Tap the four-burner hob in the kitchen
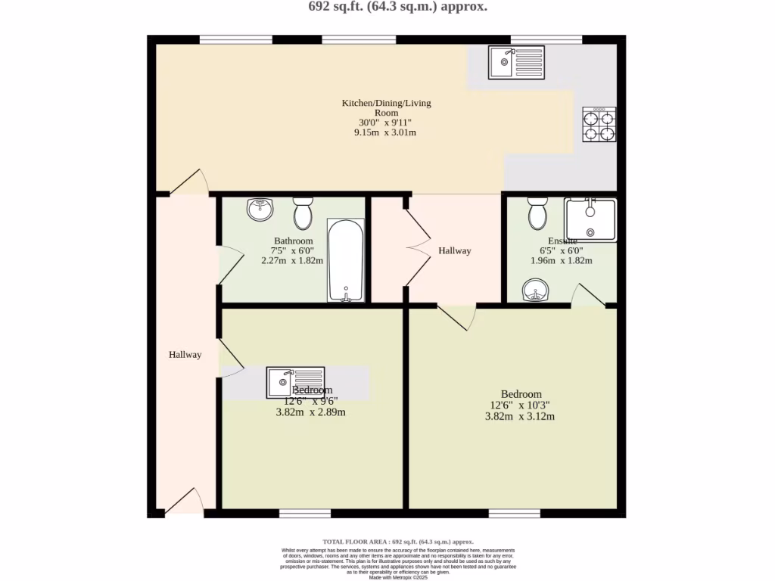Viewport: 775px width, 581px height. pos(599,125)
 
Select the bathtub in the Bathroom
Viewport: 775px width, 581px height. pos(346,260)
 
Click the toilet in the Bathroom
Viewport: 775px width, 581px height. pos(303,213)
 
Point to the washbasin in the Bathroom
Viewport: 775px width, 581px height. pos(260,210)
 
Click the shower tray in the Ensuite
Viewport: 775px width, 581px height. pos(590,219)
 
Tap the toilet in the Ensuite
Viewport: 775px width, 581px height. pos(538,213)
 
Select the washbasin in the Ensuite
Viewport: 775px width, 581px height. pos(537,290)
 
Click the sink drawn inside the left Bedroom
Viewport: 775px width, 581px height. pos(295,382)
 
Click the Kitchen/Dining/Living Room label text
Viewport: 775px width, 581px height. pos(386,107)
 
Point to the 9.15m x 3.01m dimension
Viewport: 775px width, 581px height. pos(385,132)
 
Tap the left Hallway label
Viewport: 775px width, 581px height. pos(185,354)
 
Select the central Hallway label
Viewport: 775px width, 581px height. pos(454,250)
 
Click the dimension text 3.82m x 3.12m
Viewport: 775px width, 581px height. pos(520,416)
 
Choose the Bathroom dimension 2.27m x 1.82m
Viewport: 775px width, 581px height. pos(292,260)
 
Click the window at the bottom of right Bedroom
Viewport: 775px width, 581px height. pos(514,514)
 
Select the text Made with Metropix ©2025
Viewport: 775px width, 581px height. pos(398,578)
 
